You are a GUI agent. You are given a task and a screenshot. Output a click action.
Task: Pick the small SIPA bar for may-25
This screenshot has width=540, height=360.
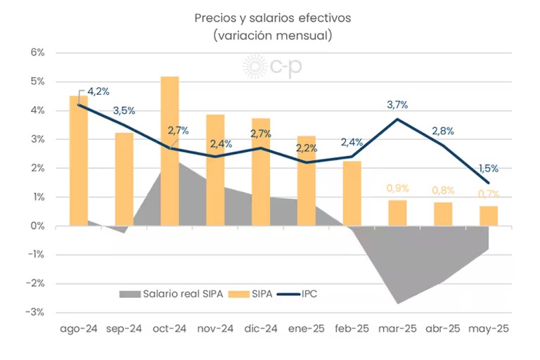click(489, 216)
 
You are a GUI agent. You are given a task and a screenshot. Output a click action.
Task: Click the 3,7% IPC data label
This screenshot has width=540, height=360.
click(397, 105)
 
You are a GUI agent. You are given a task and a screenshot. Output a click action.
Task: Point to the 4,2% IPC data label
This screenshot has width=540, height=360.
click(98, 91)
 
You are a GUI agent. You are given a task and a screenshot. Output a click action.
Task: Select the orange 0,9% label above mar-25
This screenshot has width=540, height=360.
click(397, 188)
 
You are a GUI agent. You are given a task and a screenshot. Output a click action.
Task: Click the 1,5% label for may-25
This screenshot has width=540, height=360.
click(488, 168)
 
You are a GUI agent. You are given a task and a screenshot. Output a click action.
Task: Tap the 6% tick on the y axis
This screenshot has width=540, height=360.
click(37, 53)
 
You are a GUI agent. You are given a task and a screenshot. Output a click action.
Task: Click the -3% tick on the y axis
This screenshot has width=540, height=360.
click(35, 312)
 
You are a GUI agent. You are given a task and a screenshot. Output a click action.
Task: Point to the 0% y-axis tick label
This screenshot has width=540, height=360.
click(37, 226)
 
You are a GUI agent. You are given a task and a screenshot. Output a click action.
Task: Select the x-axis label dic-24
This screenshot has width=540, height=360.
click(260, 328)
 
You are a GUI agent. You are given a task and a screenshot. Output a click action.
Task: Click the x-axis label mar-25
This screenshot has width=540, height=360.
click(397, 328)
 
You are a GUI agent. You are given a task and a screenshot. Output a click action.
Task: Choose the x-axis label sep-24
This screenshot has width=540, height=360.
click(124, 328)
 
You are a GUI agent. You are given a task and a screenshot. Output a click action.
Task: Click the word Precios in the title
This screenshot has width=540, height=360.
click(215, 18)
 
